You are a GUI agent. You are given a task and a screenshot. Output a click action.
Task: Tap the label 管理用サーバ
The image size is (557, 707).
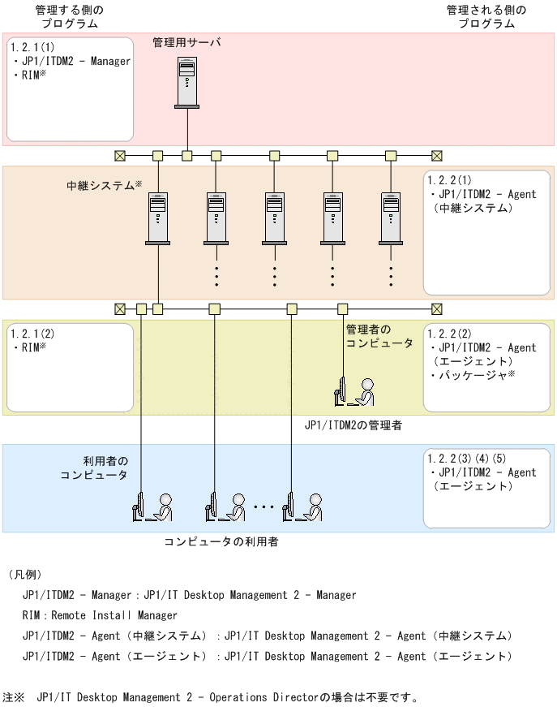click(186, 41)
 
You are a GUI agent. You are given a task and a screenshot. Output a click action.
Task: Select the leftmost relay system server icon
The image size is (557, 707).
click(158, 218)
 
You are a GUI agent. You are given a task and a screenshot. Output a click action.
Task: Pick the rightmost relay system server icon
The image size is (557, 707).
click(391, 218)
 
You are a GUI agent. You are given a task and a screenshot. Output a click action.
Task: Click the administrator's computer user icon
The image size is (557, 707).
click(355, 391)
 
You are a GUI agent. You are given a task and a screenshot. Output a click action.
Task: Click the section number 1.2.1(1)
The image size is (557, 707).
click(33, 47)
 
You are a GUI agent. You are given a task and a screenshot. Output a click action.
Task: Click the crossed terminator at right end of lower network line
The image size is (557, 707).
click(437, 308)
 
